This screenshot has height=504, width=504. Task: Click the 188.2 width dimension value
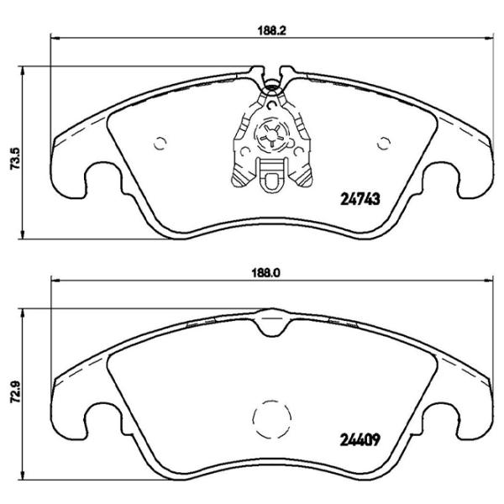click(267, 26)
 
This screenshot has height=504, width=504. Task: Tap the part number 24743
click(361, 199)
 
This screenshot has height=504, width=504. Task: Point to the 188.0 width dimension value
click(267, 271)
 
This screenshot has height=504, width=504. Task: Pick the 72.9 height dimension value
click(13, 391)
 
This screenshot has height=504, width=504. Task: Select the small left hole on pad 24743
click(161, 142)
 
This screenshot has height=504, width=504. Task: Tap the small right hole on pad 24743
click(385, 141)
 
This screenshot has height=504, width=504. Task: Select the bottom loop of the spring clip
click(271, 177)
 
